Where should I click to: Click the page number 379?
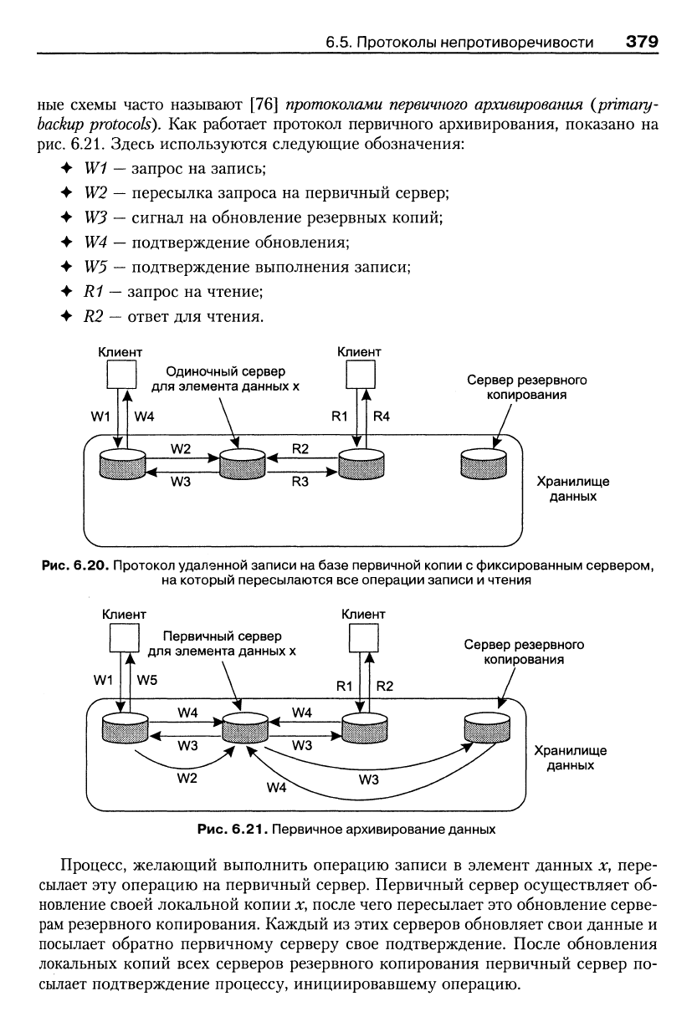[x=642, y=42]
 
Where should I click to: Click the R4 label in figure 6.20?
[x=382, y=416]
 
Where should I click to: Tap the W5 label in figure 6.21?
[x=146, y=680]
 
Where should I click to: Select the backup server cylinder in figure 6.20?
[x=484, y=463]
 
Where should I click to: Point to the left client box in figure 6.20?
[x=121, y=374]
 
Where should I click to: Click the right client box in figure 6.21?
[x=364, y=637]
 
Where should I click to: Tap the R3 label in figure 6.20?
[x=300, y=482]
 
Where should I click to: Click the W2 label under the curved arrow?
[x=187, y=778]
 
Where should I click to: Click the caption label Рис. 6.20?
[x=75, y=565]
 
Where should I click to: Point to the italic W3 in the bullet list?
[x=95, y=217]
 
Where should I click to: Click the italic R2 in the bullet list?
[x=93, y=316]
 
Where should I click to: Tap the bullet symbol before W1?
[x=67, y=168]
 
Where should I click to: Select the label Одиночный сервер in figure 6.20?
[x=225, y=371]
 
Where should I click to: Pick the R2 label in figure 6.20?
[x=300, y=448]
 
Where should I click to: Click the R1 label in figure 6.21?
[x=344, y=686]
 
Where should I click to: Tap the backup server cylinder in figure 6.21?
[x=487, y=727]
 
